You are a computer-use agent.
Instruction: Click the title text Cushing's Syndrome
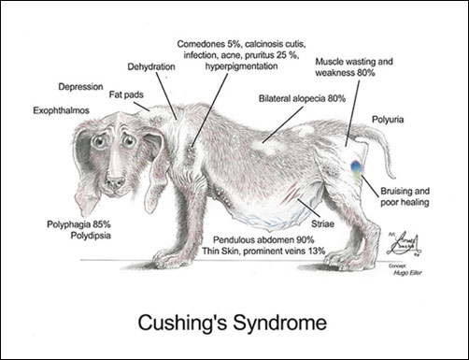(x=234, y=324)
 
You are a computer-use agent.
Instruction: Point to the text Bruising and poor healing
(x=410, y=197)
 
